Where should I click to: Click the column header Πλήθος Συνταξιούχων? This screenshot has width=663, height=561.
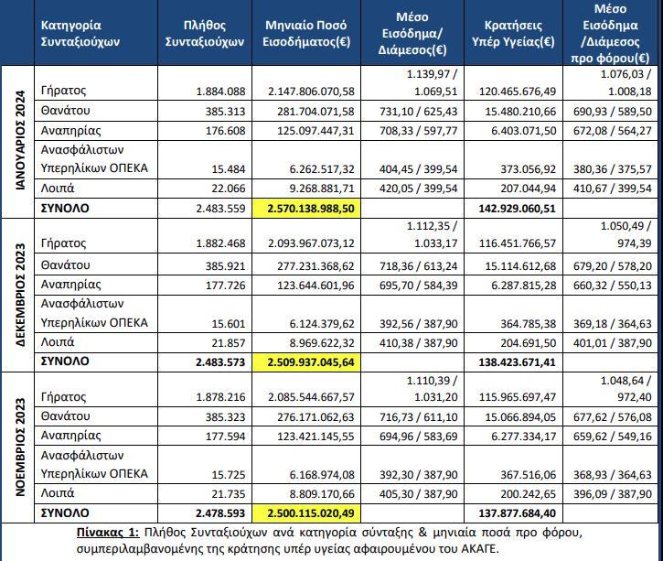point(205,34)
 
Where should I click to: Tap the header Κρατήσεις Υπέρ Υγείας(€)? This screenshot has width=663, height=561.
point(513,34)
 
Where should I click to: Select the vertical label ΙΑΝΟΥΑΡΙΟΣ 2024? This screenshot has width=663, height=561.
point(20,140)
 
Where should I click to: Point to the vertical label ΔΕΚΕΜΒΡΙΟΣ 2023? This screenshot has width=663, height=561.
point(20,295)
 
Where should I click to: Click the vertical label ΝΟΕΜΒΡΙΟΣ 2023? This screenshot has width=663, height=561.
point(20,447)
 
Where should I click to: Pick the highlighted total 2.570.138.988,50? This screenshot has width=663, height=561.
point(311,209)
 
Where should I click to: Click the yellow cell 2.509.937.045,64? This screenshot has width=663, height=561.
point(311,362)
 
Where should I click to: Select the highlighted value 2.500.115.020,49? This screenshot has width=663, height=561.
point(311,513)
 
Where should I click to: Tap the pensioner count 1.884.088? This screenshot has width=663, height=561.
point(220,92)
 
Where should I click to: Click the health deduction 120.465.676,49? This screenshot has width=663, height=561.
point(518,92)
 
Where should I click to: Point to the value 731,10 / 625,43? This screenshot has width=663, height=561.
point(419,112)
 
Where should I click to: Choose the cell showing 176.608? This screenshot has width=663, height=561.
point(225,131)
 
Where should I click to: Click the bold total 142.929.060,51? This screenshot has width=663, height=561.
point(517,209)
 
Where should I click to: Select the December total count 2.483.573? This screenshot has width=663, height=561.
point(220,362)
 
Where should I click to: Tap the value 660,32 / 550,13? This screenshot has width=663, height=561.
point(613,286)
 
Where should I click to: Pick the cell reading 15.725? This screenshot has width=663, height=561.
point(229,475)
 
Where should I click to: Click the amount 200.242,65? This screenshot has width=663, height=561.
point(529,493)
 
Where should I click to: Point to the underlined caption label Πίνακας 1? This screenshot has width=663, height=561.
point(108,533)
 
